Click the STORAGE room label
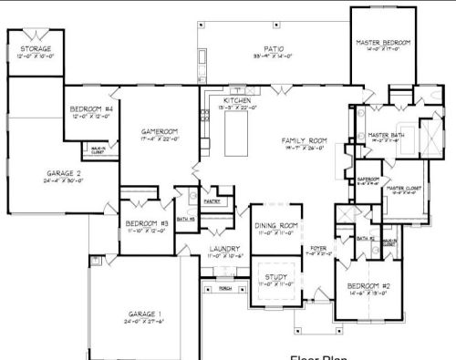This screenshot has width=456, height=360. coord(36,48)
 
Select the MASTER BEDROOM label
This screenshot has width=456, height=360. coord(384,43)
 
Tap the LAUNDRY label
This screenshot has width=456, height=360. coord(223,248)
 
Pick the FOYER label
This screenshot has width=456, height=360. coord(317,248)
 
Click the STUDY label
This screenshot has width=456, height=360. coord(275,277)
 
